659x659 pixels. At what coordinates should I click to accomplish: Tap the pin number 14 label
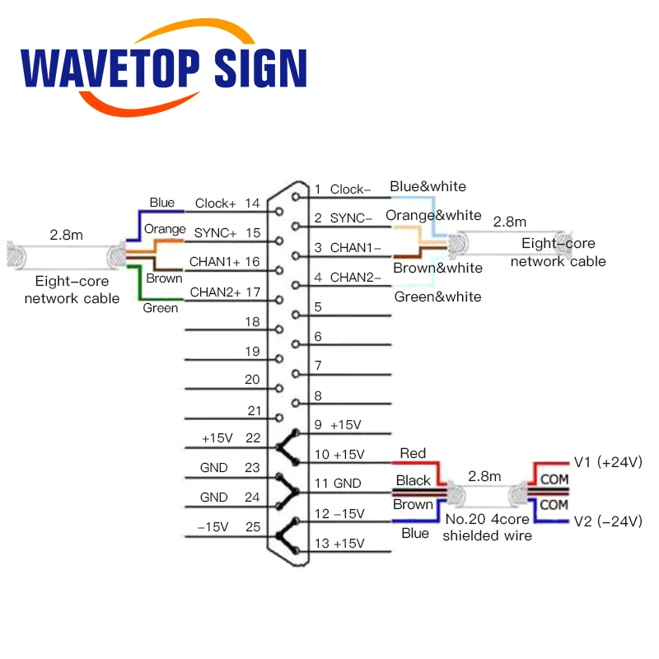pyautogui.click(x=252, y=203)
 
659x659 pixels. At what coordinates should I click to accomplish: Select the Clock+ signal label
pyautogui.click(x=215, y=203)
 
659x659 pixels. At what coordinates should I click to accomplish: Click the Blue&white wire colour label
pyautogui.click(x=428, y=186)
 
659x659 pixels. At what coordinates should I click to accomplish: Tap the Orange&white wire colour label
pyautogui.click(x=433, y=215)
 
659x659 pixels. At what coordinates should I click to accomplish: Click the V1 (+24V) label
pyautogui.click(x=606, y=462)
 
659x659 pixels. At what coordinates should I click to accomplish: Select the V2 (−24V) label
pyautogui.click(x=606, y=521)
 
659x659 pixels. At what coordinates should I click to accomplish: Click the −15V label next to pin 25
pyautogui.click(x=213, y=526)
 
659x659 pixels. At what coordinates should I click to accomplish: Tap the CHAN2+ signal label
pyautogui.click(x=215, y=292)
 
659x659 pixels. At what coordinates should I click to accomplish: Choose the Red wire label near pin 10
pyautogui.click(x=413, y=453)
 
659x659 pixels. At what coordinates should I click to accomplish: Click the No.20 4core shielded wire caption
pyautogui.click(x=486, y=528)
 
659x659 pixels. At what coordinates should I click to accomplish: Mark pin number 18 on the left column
pyautogui.click(x=252, y=321)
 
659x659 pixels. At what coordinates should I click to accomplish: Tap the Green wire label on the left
pyautogui.click(x=160, y=308)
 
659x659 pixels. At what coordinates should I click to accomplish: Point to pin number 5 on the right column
pyautogui.click(x=318, y=307)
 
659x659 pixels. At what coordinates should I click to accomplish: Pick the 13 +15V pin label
pyautogui.click(x=339, y=543)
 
